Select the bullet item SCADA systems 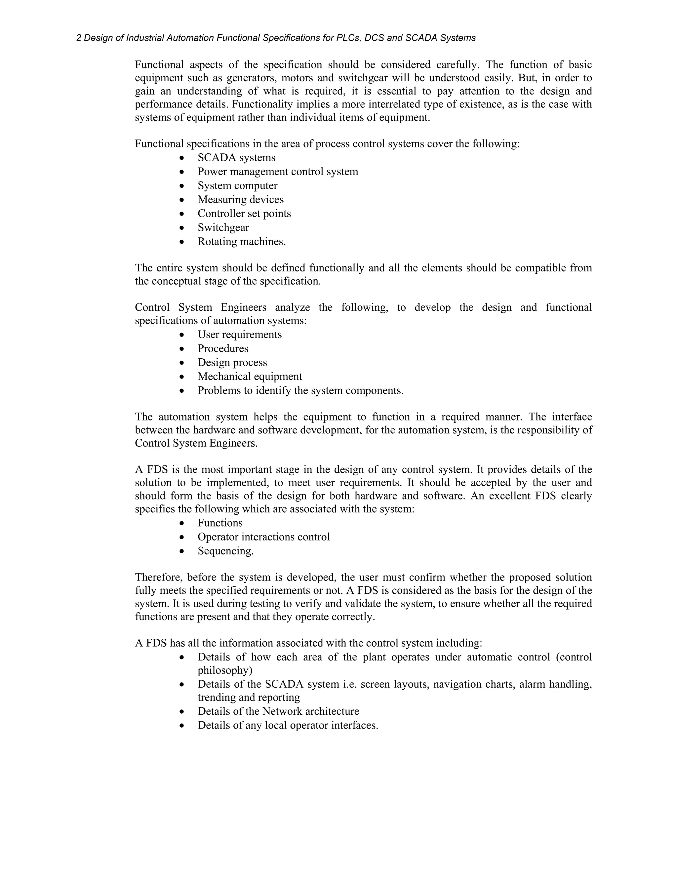click(x=236, y=158)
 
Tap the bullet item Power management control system click(x=278, y=172)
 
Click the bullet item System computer click(x=237, y=186)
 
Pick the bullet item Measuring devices click(x=240, y=200)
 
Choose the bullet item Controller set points click(x=244, y=214)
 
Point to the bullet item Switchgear click(x=223, y=227)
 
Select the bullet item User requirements click(x=239, y=335)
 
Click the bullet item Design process click(x=232, y=363)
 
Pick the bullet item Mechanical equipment click(x=250, y=377)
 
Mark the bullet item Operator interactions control click(x=263, y=537)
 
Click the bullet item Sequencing click(x=225, y=551)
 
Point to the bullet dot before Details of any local click(x=182, y=726)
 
